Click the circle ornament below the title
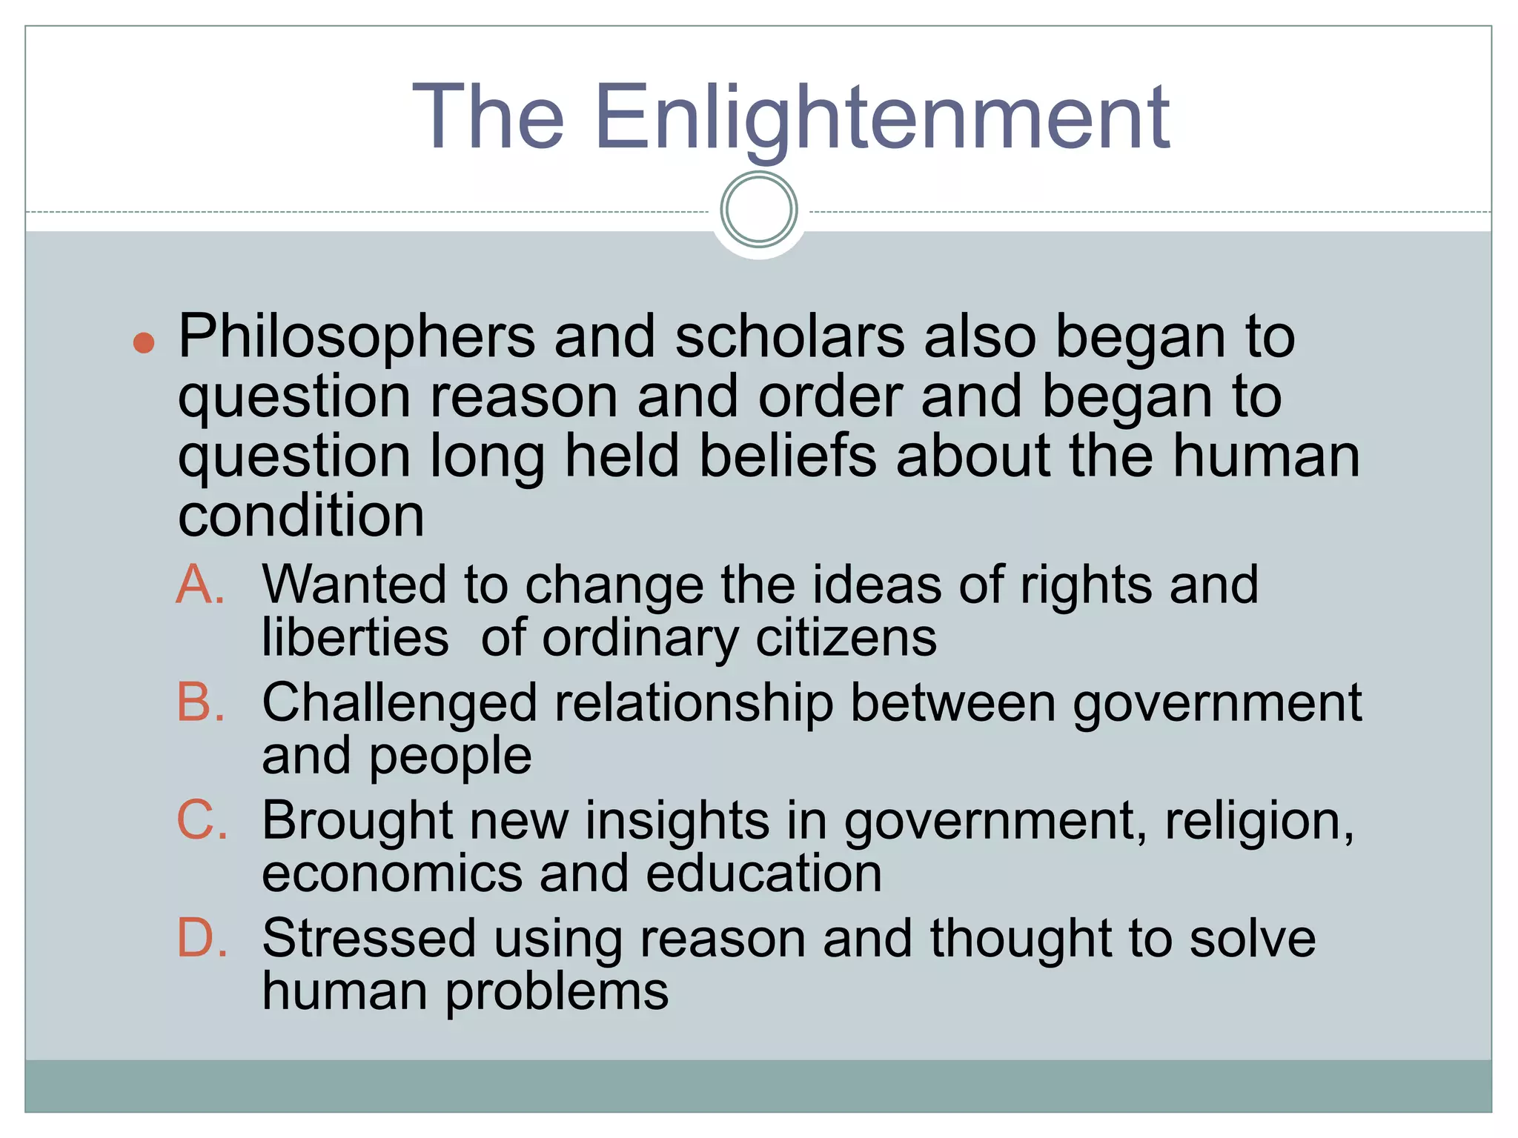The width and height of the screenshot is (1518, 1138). coord(758,210)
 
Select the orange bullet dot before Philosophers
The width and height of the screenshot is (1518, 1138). coord(143,342)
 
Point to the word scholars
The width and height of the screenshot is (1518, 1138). coord(789,337)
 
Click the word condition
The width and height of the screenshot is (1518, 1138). coord(301,516)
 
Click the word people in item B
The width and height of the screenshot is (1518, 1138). coord(450,757)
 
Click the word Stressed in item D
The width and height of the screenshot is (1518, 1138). coord(368,939)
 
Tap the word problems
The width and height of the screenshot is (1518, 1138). coord(557,993)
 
